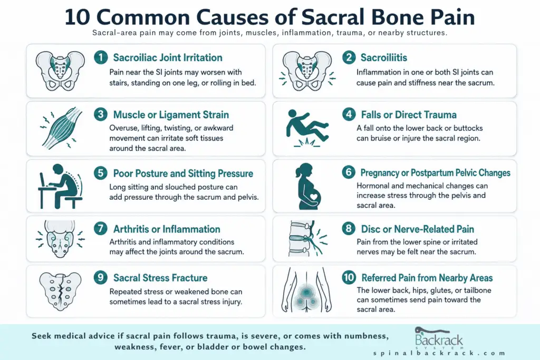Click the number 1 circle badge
pyautogui.click(x=101, y=57)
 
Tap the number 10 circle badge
pyautogui.click(x=349, y=277)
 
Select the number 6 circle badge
pyautogui.click(x=349, y=172)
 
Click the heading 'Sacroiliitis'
pyautogui.click(x=384, y=57)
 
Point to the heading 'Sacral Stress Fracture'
pyautogui.click(x=160, y=278)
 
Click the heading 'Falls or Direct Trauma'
pyautogui.click(x=409, y=114)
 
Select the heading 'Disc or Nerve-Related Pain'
pyautogui.click(x=418, y=229)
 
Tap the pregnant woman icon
pyautogui.click(x=308, y=186)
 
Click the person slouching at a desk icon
pyautogui.click(x=60, y=186)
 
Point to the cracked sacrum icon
pyautogui.click(x=61, y=291)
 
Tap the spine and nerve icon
pyautogui.click(x=306, y=239)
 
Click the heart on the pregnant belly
pyautogui.click(x=313, y=197)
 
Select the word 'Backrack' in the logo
pyautogui.click(x=439, y=340)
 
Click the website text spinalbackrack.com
pyautogui.click(x=439, y=353)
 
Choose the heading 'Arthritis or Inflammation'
pyautogui.click(x=167, y=229)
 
